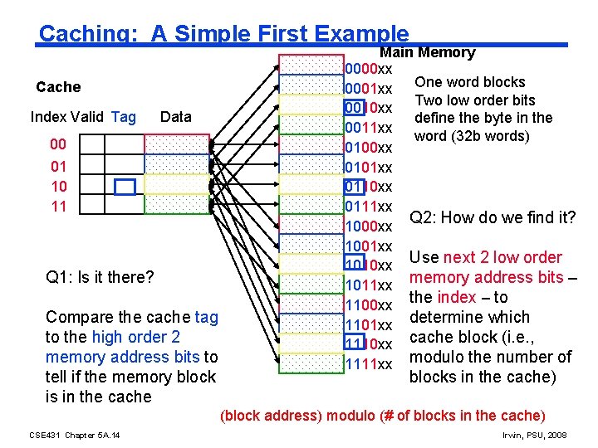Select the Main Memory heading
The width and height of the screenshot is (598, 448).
point(428,52)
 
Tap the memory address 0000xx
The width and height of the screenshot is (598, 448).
point(369,68)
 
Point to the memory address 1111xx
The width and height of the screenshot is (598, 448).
point(369,364)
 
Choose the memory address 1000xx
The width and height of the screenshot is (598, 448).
point(369,226)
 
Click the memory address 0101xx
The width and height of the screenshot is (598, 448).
point(369,168)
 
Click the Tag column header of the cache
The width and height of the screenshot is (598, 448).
point(123,117)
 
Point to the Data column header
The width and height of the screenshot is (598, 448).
point(175,117)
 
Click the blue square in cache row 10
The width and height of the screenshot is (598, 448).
point(125,187)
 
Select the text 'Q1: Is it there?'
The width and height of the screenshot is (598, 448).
point(100,277)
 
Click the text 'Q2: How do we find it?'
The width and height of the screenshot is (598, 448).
point(493,218)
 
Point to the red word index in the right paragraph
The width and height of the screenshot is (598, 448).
point(456,297)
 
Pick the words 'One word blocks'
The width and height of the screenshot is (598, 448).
point(469,82)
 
